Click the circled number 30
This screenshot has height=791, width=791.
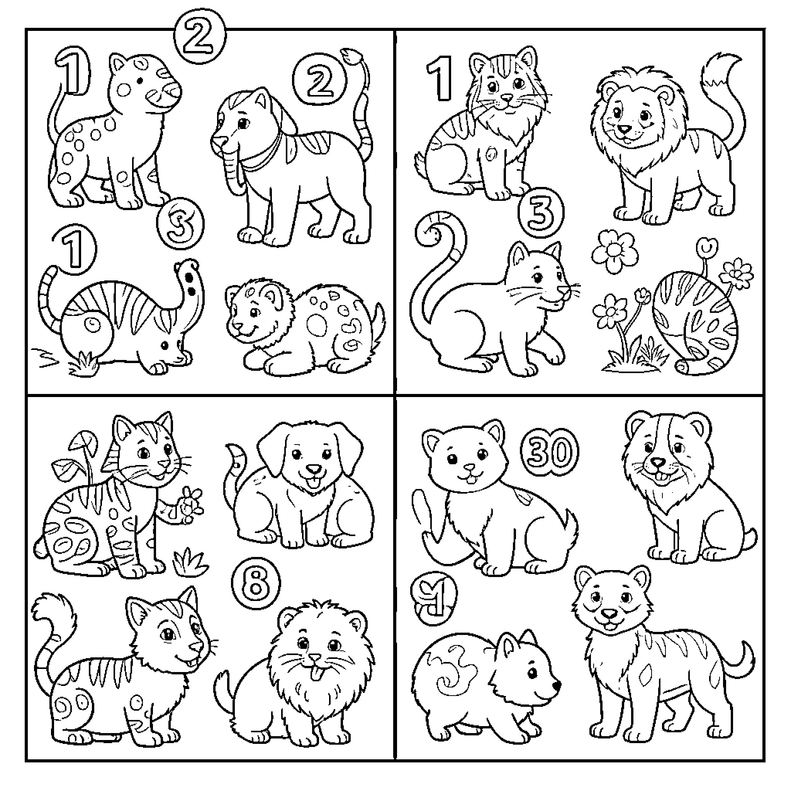tap(550, 452)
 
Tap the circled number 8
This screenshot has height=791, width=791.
tap(256, 584)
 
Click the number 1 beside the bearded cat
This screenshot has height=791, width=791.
tap(440, 78)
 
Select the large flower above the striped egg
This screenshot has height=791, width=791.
tap(614, 251)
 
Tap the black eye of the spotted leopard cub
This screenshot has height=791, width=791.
tap(141, 81)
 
